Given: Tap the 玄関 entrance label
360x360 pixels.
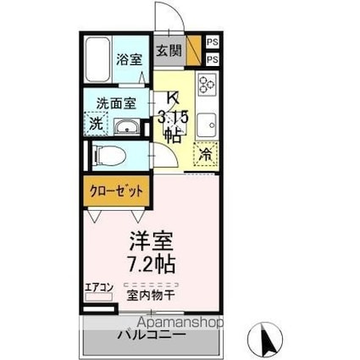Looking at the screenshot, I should click(169, 50).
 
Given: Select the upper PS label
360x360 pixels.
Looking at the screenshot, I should click(212, 41).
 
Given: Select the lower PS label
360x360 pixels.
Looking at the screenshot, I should click(212, 59).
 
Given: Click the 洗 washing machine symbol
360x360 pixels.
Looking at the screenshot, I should click(97, 123).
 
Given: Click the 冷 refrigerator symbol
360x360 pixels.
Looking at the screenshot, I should click(206, 154).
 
